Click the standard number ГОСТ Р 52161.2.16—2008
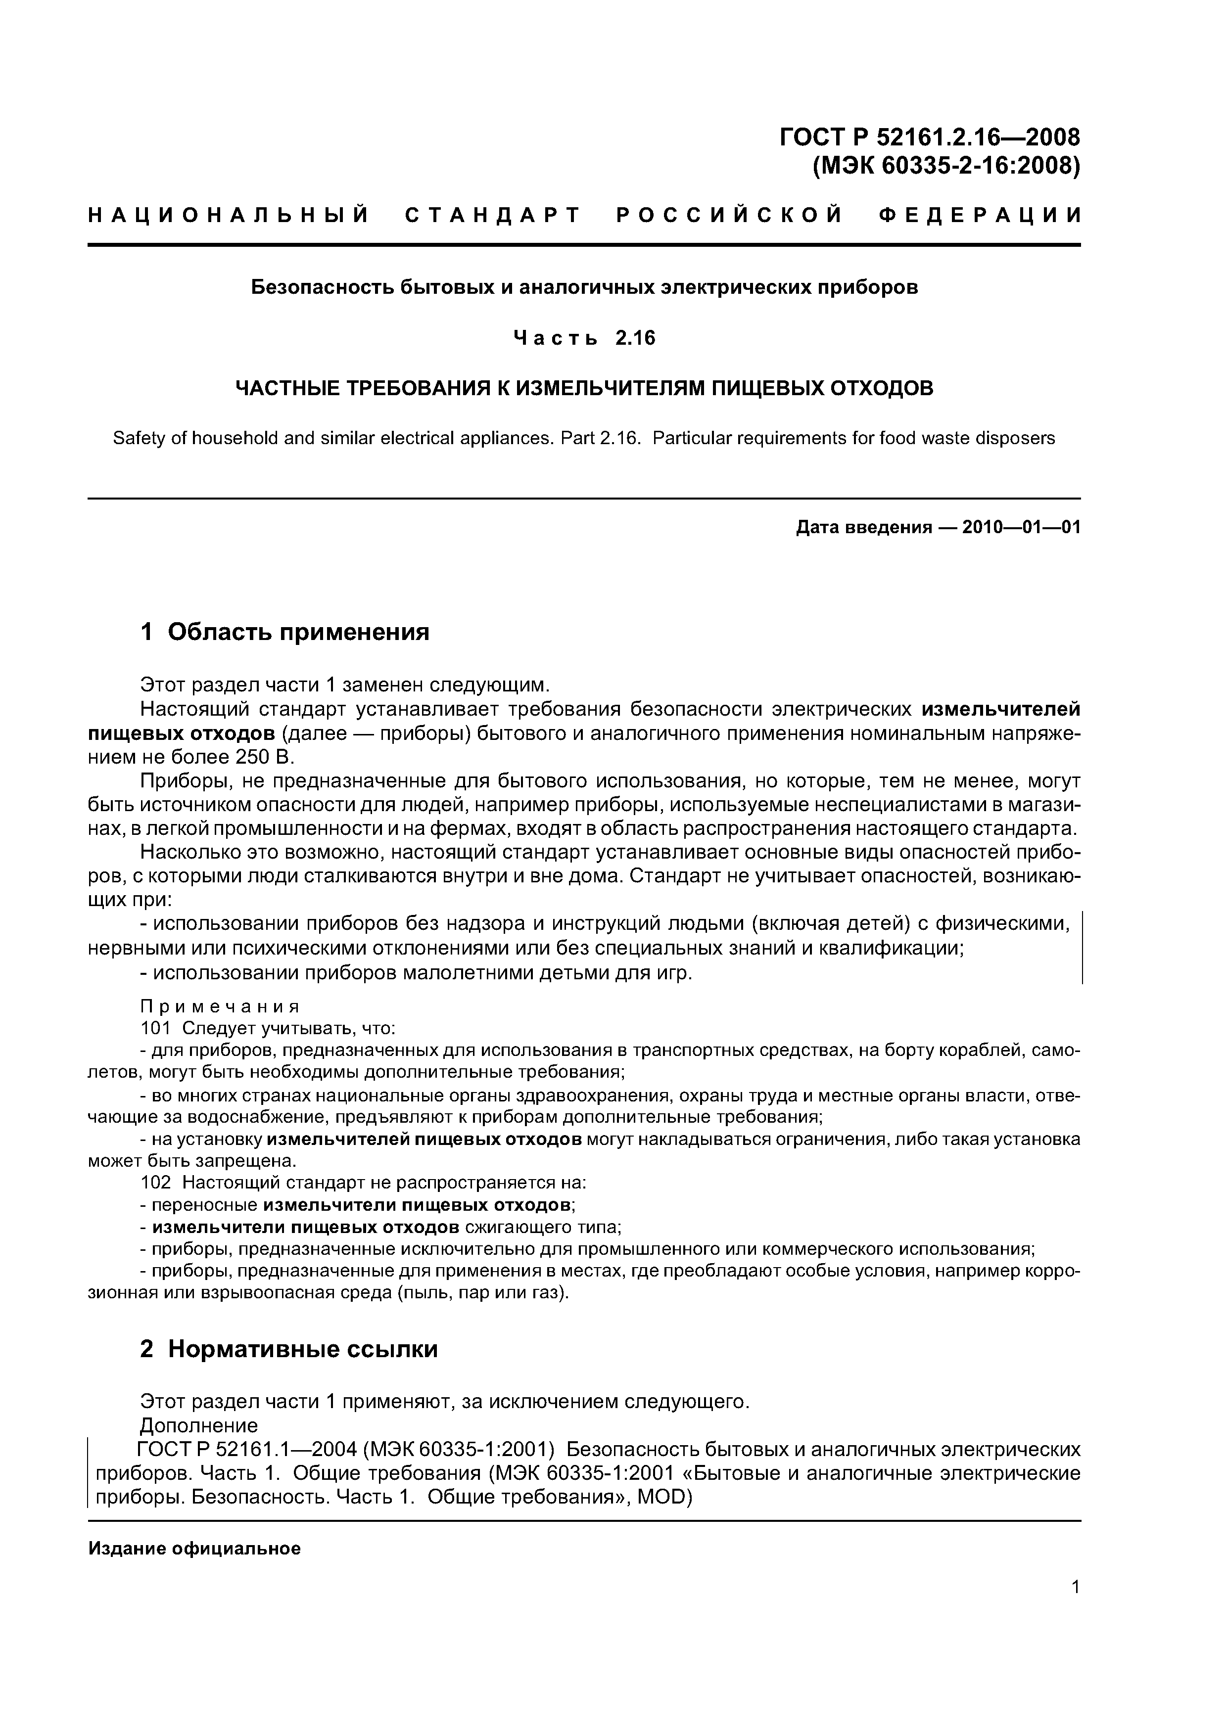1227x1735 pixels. click(x=929, y=137)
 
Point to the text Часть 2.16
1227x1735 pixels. click(x=584, y=338)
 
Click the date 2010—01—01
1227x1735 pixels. click(x=1021, y=527)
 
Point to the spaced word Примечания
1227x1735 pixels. click(x=221, y=1006)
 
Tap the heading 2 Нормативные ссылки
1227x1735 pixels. click(x=289, y=1349)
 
